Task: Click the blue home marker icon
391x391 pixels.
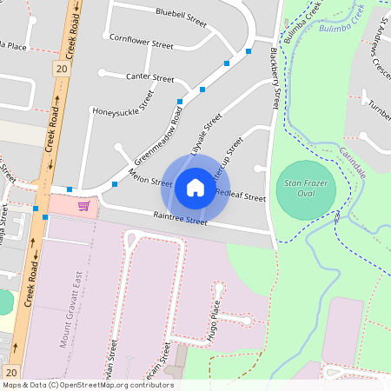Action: [x=195, y=188]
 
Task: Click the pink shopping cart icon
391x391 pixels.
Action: [x=83, y=206]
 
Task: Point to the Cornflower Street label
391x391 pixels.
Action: [x=141, y=40]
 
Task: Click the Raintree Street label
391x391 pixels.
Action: [x=180, y=220]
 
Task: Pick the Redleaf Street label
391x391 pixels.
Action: [x=240, y=195]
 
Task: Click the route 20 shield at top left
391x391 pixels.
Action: [x=60, y=68]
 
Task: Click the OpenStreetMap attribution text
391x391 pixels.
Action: [x=87, y=385]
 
